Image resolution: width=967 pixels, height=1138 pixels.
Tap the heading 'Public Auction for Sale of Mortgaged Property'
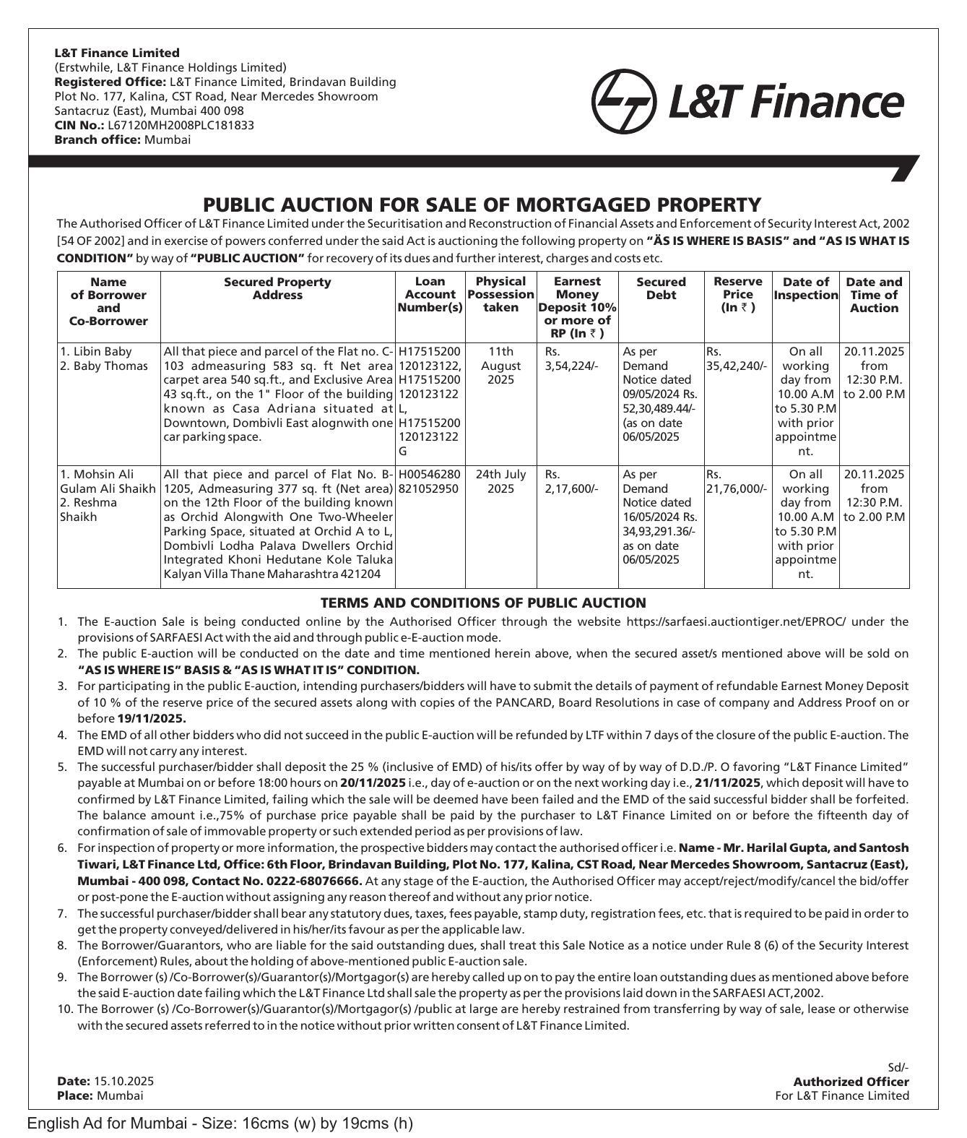pyautogui.click(x=482, y=205)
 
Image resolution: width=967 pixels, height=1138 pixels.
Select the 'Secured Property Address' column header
pyautogui.click(x=277, y=288)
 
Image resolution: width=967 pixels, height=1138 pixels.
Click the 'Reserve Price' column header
pyautogui.click(x=737, y=294)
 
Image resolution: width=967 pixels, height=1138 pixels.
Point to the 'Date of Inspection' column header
pyautogui.click(x=805, y=288)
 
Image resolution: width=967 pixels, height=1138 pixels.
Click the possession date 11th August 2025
pyautogui.click(x=500, y=366)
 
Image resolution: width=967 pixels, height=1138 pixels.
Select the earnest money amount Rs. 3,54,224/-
pyautogui.click(x=571, y=358)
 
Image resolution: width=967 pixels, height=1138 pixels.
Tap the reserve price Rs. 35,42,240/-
pyautogui.click(x=737, y=358)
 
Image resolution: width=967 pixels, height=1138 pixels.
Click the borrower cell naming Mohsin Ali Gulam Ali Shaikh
pyautogui.click(x=108, y=496)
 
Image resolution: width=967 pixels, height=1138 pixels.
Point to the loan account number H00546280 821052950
pyautogui.click(x=429, y=481)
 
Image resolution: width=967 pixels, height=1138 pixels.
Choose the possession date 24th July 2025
pyautogui.click(x=500, y=481)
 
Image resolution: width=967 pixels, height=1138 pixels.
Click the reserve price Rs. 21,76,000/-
pyautogui.click(x=737, y=481)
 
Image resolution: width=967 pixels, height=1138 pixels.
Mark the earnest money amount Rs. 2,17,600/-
pyautogui.click(x=571, y=481)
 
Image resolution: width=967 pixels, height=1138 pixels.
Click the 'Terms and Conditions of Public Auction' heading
pyautogui.click(x=482, y=603)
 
